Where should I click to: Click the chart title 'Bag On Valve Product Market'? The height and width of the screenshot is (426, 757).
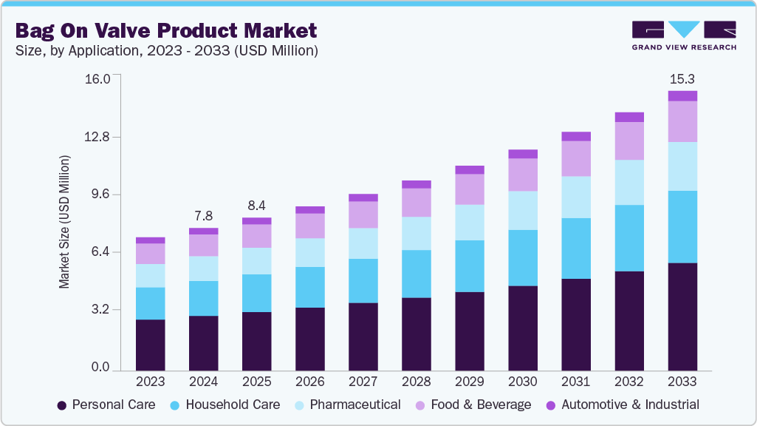166,30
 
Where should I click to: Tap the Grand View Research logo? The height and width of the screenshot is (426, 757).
684,35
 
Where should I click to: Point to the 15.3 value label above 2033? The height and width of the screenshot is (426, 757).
682,78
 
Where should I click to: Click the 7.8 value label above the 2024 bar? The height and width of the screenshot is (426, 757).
203,216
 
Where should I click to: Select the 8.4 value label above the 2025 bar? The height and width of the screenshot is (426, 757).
256,206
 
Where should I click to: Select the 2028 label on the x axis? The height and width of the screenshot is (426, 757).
416,382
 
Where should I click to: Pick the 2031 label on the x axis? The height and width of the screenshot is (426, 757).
575,382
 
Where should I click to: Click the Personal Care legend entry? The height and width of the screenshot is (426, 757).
106,405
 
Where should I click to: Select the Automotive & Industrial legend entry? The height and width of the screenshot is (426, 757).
622,405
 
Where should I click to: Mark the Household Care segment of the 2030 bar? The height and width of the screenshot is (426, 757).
522,258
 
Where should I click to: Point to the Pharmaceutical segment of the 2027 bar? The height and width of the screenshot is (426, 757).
363,243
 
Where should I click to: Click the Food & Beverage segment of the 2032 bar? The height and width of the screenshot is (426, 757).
628,141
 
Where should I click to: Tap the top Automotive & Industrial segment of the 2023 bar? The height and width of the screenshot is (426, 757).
150,240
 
